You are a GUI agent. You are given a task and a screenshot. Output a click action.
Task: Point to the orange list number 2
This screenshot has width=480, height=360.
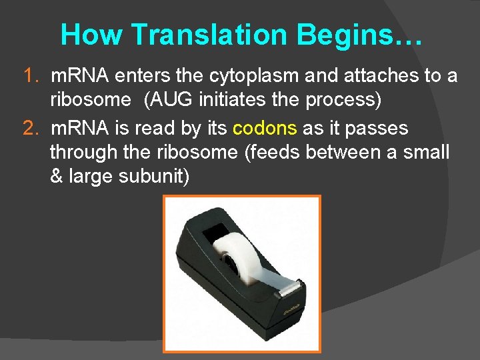coord(31,128)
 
